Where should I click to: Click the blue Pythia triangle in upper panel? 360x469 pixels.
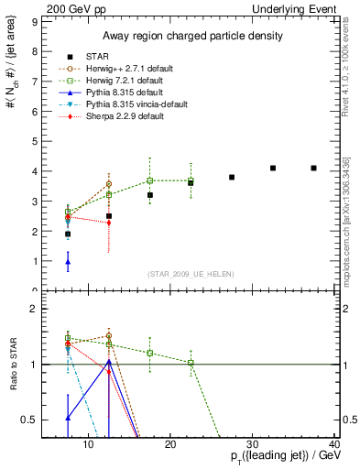click(x=68, y=262)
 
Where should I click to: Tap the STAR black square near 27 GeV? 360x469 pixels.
click(x=232, y=177)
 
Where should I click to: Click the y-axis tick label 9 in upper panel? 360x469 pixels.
click(x=33, y=19)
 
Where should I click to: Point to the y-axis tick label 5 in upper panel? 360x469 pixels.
click(x=33, y=140)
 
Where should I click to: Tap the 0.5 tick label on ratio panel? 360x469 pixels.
click(x=28, y=420)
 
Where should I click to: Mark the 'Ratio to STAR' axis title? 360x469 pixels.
click(x=12, y=365)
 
